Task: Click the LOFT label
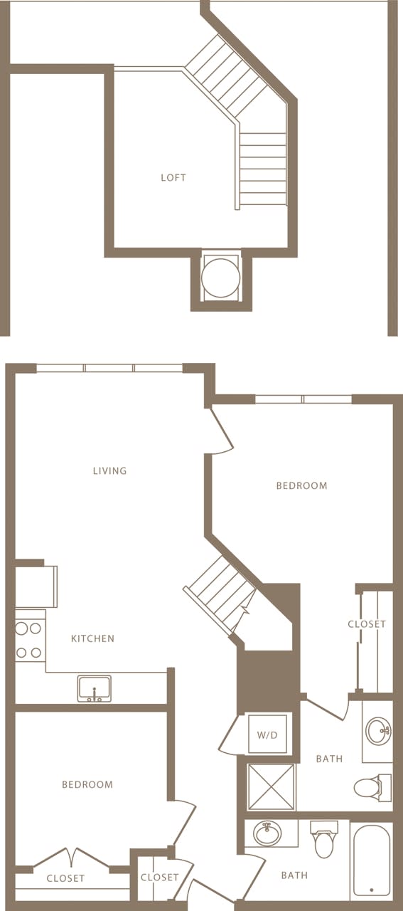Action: pyautogui.click(x=173, y=177)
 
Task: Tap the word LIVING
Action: pyautogui.click(x=109, y=470)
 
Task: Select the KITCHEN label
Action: pyautogui.click(x=92, y=638)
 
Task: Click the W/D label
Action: pyautogui.click(x=267, y=734)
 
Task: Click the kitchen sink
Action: pyautogui.click(x=94, y=689)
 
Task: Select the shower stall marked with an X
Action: pyautogui.click(x=271, y=786)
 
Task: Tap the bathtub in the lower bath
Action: pyautogui.click(x=371, y=860)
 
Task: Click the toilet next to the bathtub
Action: pyautogui.click(x=324, y=841)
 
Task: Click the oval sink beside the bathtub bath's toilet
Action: pyautogui.click(x=268, y=833)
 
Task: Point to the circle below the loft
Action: pyautogui.click(x=220, y=278)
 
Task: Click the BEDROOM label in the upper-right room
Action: pyautogui.click(x=301, y=485)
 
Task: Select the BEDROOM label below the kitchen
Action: pyautogui.click(x=87, y=784)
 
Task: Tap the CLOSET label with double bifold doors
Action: pyautogui.click(x=65, y=878)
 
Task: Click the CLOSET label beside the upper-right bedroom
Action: pyautogui.click(x=367, y=624)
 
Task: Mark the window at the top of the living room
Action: pyautogui.click(x=109, y=368)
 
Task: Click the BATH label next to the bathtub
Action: pyautogui.click(x=294, y=875)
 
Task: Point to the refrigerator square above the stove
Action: pyautogui.click(x=36, y=586)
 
